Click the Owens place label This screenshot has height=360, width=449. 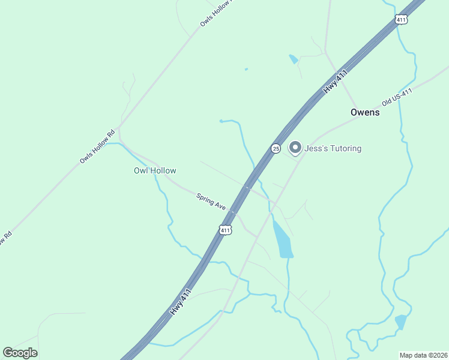[x=365, y=112]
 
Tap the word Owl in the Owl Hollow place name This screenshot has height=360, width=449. [x=140, y=171]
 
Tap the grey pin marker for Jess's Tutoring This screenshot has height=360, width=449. [x=295, y=147]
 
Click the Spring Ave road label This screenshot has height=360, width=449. [x=211, y=201]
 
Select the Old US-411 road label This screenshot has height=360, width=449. [x=397, y=97]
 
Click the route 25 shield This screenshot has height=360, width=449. [x=276, y=149]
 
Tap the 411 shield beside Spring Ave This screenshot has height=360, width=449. [x=225, y=230]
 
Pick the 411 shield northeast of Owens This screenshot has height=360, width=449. [x=402, y=20]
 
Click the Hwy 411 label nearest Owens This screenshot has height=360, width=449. [x=336, y=80]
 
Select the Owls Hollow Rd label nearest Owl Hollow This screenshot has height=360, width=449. [x=97, y=148]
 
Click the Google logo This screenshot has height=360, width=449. [x=20, y=353]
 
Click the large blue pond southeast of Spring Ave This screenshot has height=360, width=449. [x=283, y=241]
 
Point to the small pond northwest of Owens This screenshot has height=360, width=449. [x=293, y=59]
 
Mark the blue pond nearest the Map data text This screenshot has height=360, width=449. [x=400, y=322]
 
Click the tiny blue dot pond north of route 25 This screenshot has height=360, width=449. [x=246, y=69]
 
